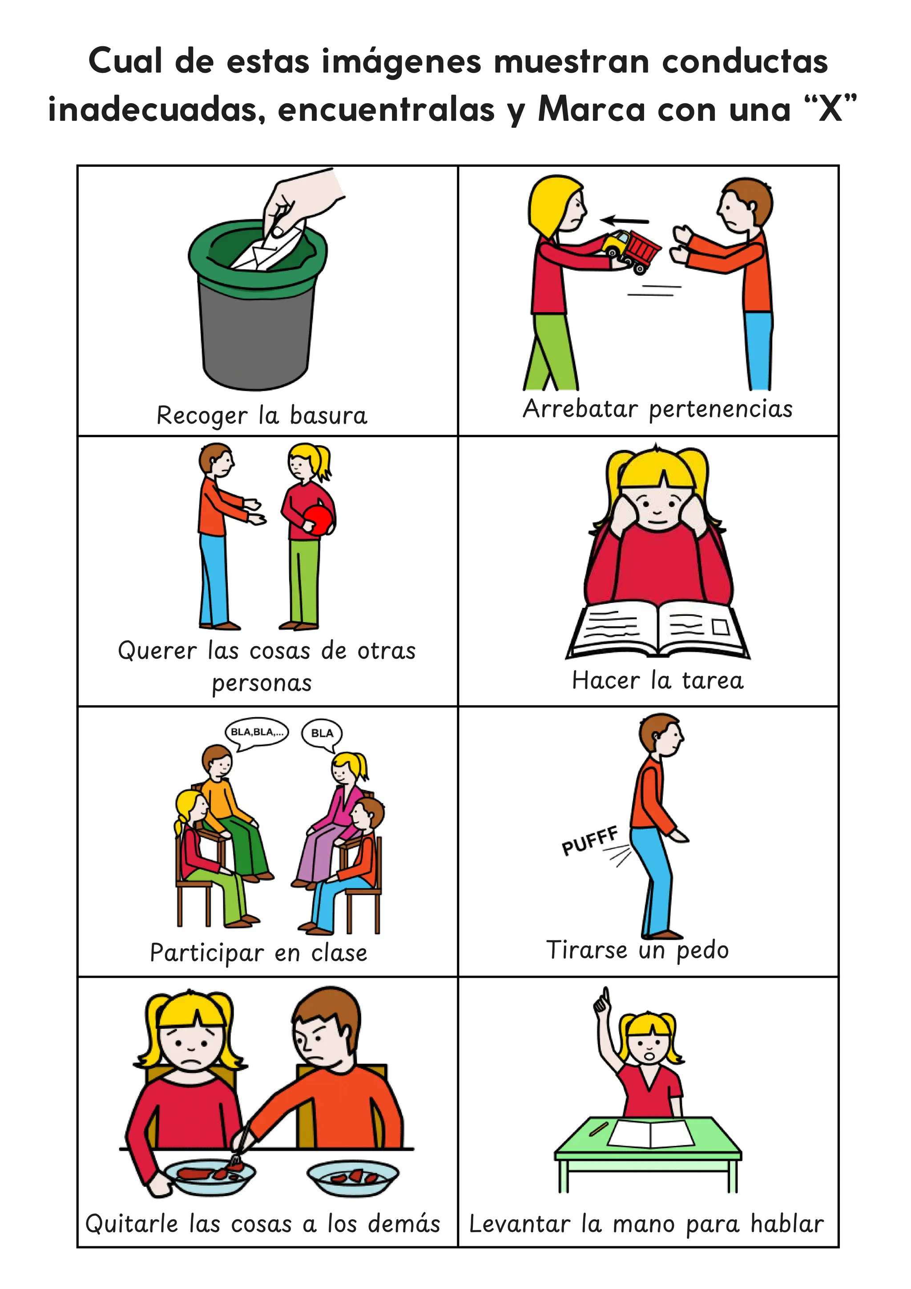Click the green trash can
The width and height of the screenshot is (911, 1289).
(257, 314)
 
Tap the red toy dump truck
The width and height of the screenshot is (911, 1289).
(632, 250)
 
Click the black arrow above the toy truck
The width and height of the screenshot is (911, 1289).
(624, 221)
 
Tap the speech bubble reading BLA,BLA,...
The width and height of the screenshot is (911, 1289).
(257, 732)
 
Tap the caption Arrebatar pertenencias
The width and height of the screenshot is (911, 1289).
(657, 409)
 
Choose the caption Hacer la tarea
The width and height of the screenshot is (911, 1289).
(657, 680)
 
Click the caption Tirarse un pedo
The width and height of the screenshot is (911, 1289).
(637, 950)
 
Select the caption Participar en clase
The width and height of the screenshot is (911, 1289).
(258, 953)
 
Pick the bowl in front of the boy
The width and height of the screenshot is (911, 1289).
(353, 1176)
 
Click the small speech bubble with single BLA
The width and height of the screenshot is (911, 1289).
(322, 733)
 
